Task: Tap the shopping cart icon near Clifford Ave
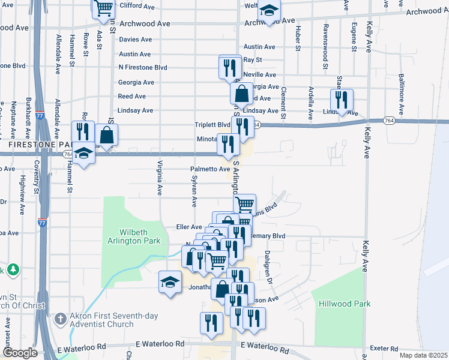[103, 7]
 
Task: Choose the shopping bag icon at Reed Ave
[241, 94]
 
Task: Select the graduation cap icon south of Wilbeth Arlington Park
[170, 281]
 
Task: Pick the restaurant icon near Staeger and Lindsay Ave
[341, 99]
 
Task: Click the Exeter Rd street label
[385, 348]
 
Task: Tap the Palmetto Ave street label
[210, 169]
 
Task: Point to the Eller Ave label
[188, 227]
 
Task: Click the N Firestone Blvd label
[143, 68]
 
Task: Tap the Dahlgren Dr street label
[270, 267]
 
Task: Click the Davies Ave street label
[135, 40]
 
